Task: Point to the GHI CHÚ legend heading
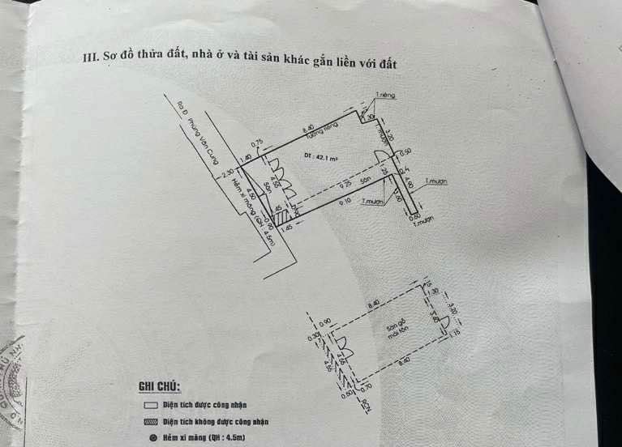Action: point(159,386)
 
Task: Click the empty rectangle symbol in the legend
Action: point(149,405)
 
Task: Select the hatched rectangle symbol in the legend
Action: point(149,422)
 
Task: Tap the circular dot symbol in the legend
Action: point(151,438)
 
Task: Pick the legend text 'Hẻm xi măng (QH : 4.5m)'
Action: point(204,438)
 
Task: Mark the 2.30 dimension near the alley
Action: point(227,172)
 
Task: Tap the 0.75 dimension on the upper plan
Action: point(257,143)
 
